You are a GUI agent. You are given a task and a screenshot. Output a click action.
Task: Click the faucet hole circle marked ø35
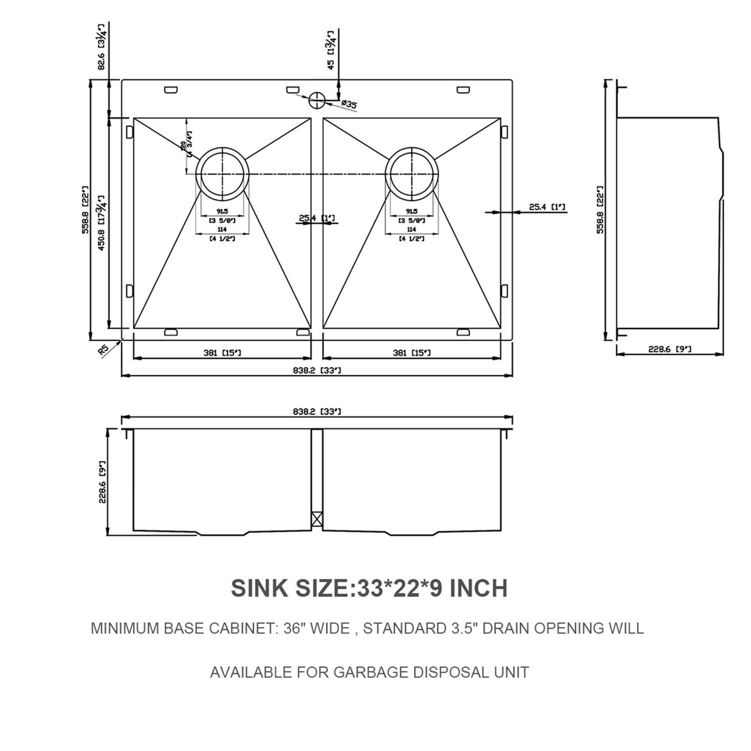pos(317,100)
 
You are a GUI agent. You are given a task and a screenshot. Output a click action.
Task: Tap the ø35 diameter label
pos(348,104)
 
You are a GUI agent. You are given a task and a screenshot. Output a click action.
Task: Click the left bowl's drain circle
pos(223,174)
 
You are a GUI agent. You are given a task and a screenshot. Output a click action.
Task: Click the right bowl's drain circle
pos(412,174)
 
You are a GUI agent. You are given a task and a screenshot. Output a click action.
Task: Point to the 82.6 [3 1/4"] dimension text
pos(102,47)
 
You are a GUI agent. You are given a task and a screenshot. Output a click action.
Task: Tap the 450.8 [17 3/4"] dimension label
pos(101,223)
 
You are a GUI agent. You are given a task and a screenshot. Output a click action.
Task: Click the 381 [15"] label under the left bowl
pos(222,353)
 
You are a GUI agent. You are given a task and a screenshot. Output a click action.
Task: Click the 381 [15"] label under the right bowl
pos(411,353)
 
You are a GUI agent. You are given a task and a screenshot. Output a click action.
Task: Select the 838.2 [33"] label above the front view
pos(317,411)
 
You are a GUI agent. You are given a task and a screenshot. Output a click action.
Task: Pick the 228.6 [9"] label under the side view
pos(670,349)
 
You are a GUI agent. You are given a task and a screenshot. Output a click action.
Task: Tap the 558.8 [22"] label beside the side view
pos(600,209)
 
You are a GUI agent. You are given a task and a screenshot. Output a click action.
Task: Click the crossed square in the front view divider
pos(317,520)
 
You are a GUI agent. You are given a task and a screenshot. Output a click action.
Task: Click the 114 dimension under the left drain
pos(222,230)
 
